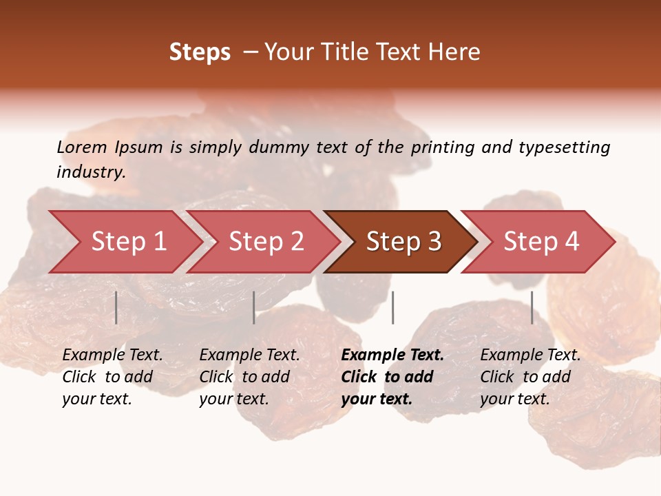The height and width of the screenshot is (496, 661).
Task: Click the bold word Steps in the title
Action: click(200, 52)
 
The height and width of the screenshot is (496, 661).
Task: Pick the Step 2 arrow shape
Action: click(265, 242)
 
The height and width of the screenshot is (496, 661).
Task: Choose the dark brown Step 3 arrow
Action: click(403, 242)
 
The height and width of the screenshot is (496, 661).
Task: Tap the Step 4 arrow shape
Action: click(541, 242)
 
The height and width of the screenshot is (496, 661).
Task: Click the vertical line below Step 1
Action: click(116, 307)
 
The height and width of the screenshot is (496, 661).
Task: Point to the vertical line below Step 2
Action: click(254, 307)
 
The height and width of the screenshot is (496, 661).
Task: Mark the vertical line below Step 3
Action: click(392, 307)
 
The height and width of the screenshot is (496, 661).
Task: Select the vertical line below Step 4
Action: click(532, 307)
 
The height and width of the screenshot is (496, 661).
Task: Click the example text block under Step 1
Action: click(112, 377)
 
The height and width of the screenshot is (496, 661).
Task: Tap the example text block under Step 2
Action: click(249, 377)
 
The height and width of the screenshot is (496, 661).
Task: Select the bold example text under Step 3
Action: click(392, 377)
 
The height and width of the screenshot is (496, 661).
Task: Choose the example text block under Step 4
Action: click(530, 377)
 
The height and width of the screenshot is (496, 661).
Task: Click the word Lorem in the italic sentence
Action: click(82, 147)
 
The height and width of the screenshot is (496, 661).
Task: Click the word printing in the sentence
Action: click(440, 147)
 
